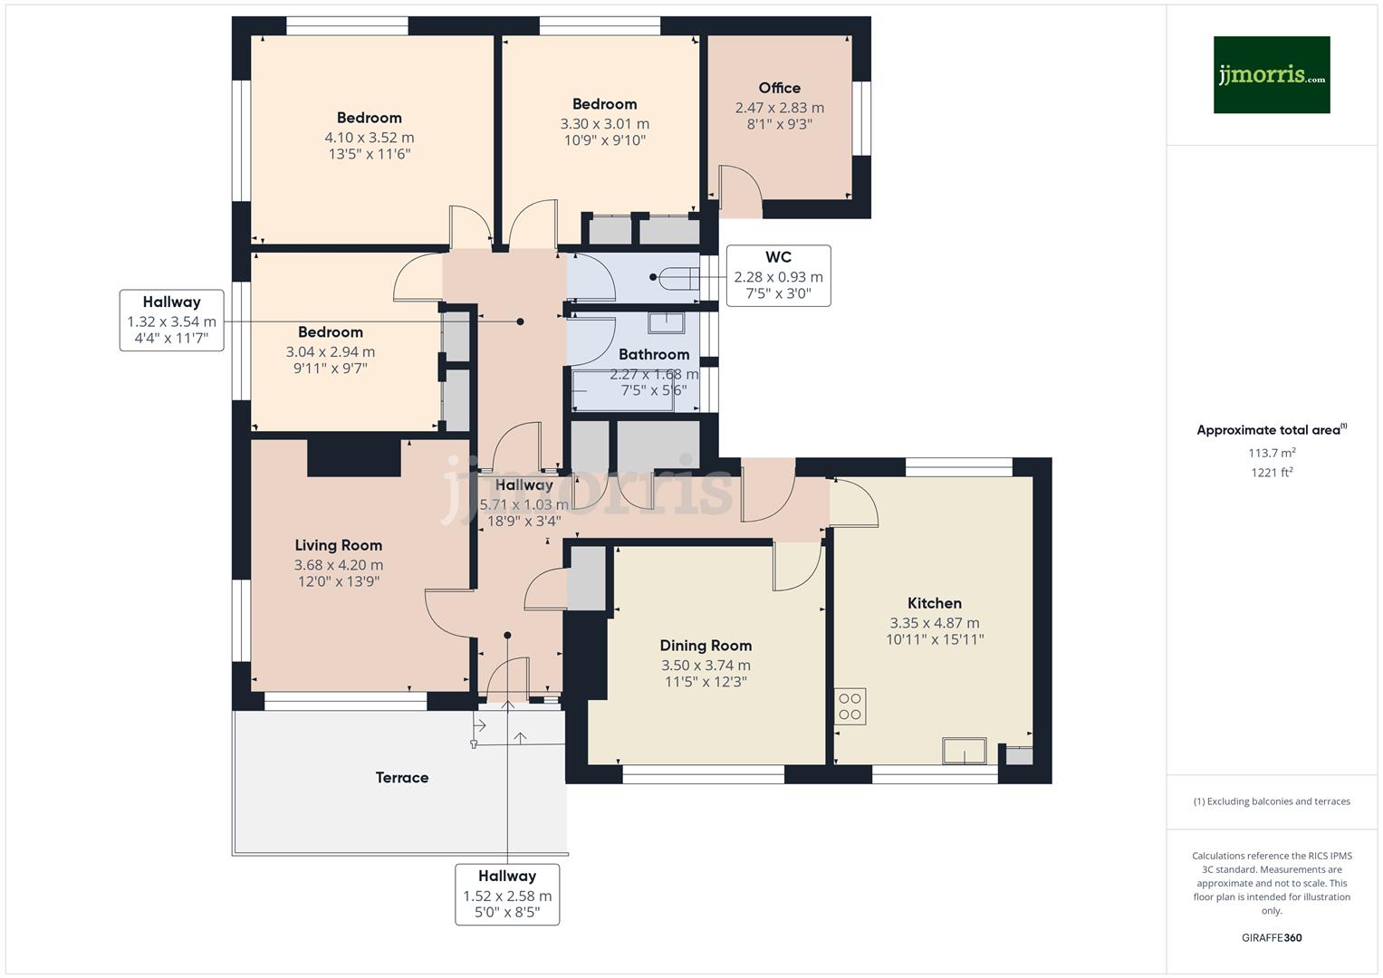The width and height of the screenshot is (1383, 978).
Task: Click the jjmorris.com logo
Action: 1271,74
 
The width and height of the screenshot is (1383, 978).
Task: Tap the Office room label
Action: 779,88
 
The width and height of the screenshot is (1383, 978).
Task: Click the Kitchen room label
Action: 934,603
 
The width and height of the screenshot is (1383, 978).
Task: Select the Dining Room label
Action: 706,646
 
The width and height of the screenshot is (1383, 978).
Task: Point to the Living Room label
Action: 338,545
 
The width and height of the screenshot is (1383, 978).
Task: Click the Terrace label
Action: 402,778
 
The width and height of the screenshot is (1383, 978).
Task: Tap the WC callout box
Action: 778,275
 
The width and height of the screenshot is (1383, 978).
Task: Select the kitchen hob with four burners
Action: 850,706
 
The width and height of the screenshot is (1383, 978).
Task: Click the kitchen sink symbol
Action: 965,751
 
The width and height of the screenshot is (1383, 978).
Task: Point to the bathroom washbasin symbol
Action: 666,321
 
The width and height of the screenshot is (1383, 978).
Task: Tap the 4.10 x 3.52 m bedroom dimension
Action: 369,138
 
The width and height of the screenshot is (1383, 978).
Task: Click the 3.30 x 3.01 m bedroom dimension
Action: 604,124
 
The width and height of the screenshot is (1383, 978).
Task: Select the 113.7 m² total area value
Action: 1271,453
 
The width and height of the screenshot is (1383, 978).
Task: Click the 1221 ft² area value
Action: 1271,473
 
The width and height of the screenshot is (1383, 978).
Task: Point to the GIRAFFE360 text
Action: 1271,938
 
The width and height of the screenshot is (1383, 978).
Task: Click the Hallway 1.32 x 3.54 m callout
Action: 171,321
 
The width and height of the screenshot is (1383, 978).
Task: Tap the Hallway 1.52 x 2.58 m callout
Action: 506,895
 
